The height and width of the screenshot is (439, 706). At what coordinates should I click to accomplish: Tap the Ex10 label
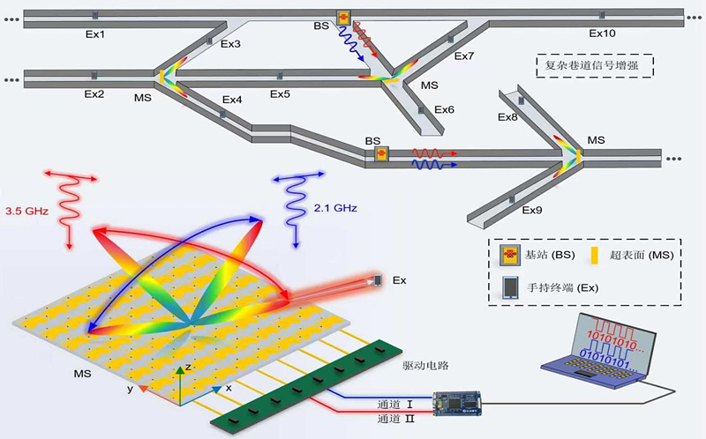point(602,34)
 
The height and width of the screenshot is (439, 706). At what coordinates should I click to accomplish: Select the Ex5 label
point(280,94)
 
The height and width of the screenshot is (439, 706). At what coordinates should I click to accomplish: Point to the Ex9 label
point(531,210)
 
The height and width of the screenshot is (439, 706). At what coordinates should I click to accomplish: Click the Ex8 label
point(507,117)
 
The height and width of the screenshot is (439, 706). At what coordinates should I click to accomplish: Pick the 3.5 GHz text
point(29,212)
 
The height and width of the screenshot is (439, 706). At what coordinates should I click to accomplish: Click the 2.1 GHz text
point(334,208)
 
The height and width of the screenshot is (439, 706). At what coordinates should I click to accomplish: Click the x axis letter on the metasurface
point(228,388)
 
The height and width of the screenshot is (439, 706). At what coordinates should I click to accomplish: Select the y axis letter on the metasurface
point(131,388)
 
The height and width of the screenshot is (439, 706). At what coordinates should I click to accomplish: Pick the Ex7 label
point(464,56)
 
